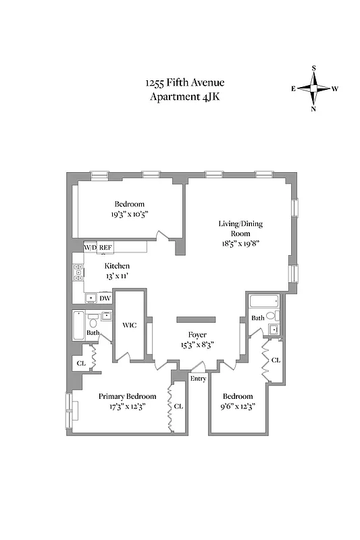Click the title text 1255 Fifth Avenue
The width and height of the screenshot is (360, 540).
pos(184,83)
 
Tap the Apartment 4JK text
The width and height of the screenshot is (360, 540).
pos(184,97)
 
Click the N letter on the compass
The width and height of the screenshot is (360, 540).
pos(314,109)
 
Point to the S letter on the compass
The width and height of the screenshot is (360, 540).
pos(314,68)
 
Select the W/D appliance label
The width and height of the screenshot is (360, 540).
pos(90,248)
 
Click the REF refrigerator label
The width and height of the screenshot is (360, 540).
pos(105,248)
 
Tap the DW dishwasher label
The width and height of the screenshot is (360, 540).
pos(105,298)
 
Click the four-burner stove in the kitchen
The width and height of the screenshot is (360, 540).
pos(78,273)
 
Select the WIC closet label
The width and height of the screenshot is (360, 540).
pos(130,325)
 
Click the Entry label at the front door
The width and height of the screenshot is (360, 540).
pos(198,379)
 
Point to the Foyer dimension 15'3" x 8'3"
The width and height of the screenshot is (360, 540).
pos(197,344)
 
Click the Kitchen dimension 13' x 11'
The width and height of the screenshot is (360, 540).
pos(117,276)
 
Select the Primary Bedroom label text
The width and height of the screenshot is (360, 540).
pos(127,396)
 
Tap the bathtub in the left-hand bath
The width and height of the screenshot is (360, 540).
pos(78,326)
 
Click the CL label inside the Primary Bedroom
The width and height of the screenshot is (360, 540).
pos(178,406)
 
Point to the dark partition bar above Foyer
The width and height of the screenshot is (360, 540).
pos(197,319)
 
